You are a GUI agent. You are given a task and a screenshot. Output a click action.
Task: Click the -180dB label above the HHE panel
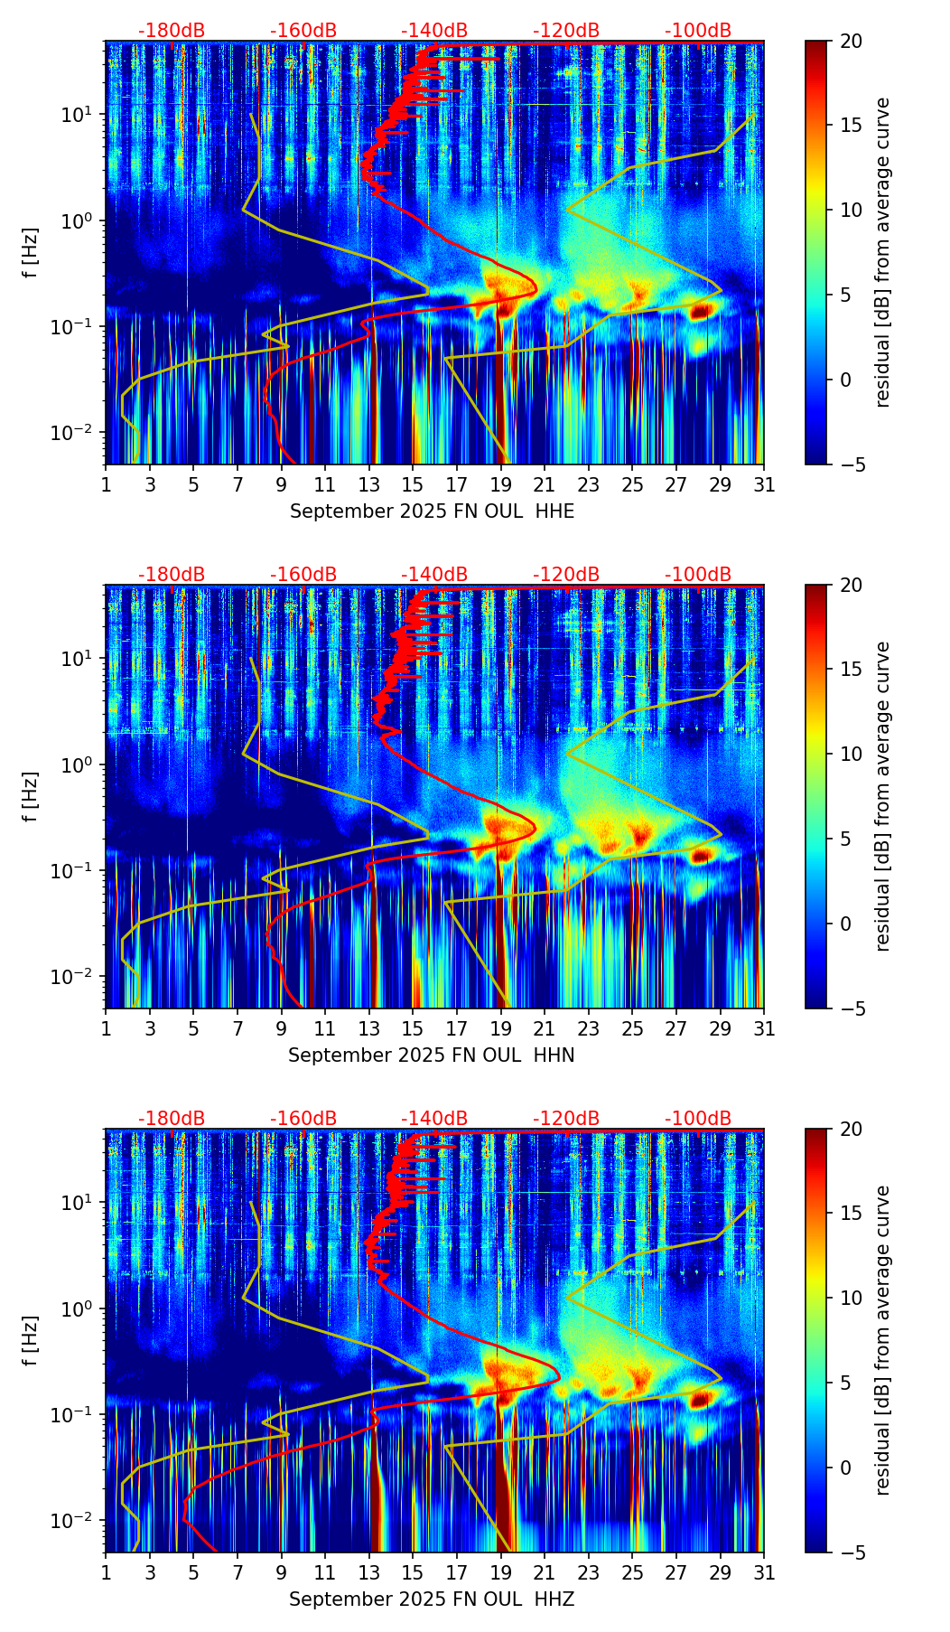(x=172, y=31)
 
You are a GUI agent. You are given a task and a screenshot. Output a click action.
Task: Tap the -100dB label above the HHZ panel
(x=698, y=1119)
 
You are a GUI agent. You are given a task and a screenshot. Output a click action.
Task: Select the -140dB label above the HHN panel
(x=434, y=575)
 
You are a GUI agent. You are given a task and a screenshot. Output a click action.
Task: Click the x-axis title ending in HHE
(x=432, y=511)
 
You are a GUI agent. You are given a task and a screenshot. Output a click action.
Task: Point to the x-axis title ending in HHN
(x=432, y=1055)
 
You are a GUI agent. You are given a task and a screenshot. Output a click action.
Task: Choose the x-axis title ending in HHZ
(x=432, y=1599)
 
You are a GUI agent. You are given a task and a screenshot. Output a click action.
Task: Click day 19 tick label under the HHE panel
(x=500, y=485)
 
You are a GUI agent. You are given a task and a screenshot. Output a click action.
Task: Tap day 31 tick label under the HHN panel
(x=764, y=1029)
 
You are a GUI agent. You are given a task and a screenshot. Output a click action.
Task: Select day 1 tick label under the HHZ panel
(x=107, y=1573)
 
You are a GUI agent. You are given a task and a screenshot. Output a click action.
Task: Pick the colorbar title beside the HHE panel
(x=882, y=252)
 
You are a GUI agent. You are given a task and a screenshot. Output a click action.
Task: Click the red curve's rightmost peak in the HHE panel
(x=536, y=288)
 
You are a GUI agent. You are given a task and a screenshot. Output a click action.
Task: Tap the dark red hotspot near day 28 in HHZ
(x=700, y=1400)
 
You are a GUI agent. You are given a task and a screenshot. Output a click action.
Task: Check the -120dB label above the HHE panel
(x=566, y=31)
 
